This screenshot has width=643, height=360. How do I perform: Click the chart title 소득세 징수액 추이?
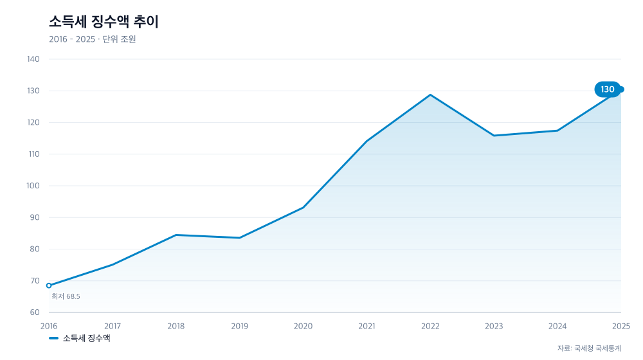pyautogui.click(x=104, y=22)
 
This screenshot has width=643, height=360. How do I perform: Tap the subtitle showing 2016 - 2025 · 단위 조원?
pyautogui.click(x=92, y=39)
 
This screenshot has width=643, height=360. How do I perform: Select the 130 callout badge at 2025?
pyautogui.click(x=608, y=89)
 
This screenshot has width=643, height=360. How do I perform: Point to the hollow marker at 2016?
pyautogui.click(x=49, y=285)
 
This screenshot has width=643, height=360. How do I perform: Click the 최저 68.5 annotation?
pyautogui.click(x=66, y=296)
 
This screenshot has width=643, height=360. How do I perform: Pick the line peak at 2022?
pyautogui.click(x=430, y=94)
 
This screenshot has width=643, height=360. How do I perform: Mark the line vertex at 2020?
pyautogui.click(x=303, y=208)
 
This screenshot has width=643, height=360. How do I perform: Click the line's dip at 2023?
pyautogui.click(x=494, y=135)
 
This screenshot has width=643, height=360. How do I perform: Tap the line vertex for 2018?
pyautogui.click(x=176, y=235)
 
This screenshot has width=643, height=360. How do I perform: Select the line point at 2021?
pyautogui.click(x=367, y=141)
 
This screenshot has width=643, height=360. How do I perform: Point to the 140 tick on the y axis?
pyautogui.click(x=33, y=59)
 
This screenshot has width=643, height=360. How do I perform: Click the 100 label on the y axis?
pyautogui.click(x=33, y=186)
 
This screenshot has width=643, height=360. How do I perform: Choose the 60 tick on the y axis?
pyautogui.click(x=35, y=312)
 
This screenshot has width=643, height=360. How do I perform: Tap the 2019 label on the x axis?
pyautogui.click(x=239, y=326)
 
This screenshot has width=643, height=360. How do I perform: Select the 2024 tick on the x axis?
pyautogui.click(x=557, y=326)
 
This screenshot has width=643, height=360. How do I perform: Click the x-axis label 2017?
pyautogui.click(x=113, y=326)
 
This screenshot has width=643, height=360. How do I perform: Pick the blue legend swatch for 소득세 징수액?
pyautogui.click(x=54, y=338)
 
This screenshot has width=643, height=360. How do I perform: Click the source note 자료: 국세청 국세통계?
pyautogui.click(x=589, y=348)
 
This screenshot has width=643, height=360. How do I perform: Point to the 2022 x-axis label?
pyautogui.click(x=430, y=326)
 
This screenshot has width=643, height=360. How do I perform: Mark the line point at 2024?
pyautogui.click(x=557, y=130)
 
